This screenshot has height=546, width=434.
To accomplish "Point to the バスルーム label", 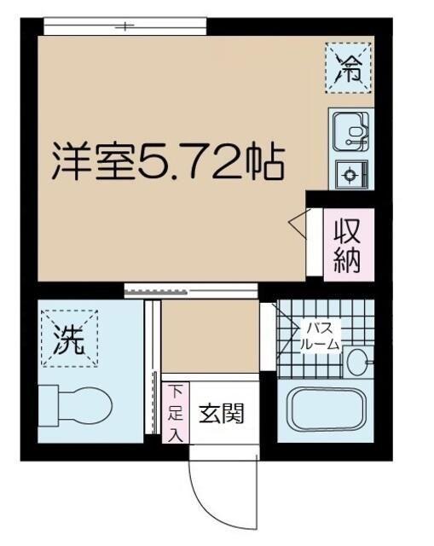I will [x=321, y=336].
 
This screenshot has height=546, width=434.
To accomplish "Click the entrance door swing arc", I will [x=205, y=499].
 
